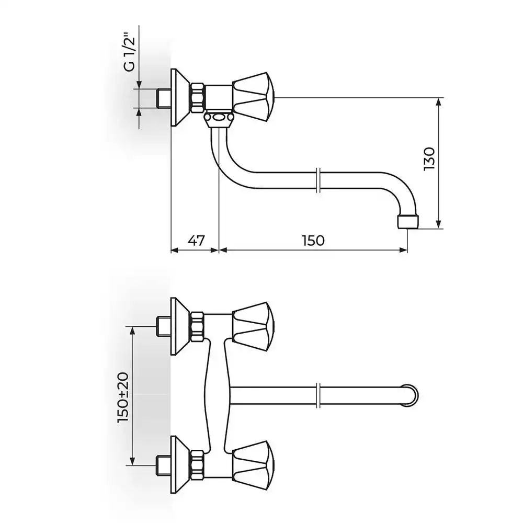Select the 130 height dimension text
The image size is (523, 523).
point(429,159)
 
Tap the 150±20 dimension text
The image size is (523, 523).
point(123,397)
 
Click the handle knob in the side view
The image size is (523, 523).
point(254,97)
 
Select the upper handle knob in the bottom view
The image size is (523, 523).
point(254,327)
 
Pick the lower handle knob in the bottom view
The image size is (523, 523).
point(254,465)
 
